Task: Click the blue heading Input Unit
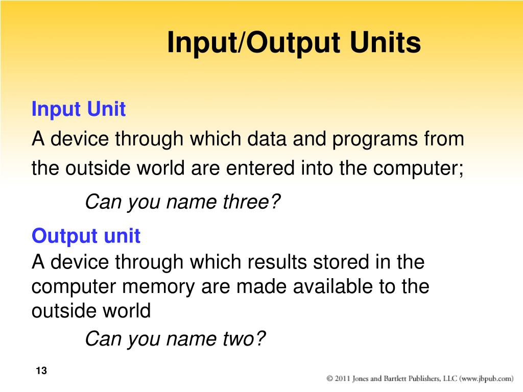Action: (x=78, y=110)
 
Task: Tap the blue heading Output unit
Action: (x=86, y=236)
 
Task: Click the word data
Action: (x=267, y=138)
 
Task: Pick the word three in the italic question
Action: (x=251, y=202)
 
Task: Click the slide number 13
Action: (x=41, y=371)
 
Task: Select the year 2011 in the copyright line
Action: (x=342, y=378)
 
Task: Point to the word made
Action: (x=261, y=286)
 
